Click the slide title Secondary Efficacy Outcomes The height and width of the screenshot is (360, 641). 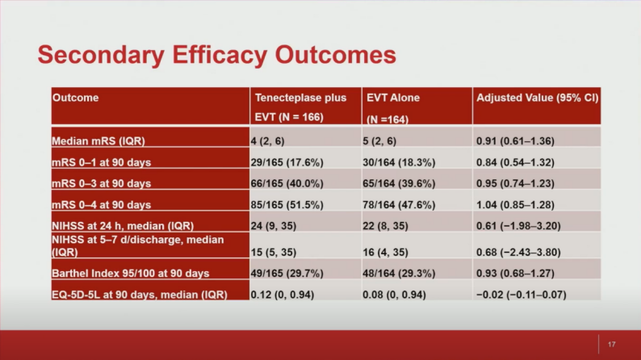click(216, 54)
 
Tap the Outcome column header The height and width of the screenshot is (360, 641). click(76, 98)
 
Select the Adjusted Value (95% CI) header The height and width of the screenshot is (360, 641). click(537, 98)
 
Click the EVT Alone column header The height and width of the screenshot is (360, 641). click(393, 98)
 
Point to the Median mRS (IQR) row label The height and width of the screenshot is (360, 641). click(98, 140)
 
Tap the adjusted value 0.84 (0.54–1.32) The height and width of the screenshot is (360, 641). click(515, 162)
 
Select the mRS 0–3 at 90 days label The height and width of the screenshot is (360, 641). click(102, 183)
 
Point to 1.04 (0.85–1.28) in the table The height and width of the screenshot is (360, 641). click(515, 204)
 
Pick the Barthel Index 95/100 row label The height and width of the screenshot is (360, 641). click(130, 274)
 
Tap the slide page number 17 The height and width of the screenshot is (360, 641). click(611, 344)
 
